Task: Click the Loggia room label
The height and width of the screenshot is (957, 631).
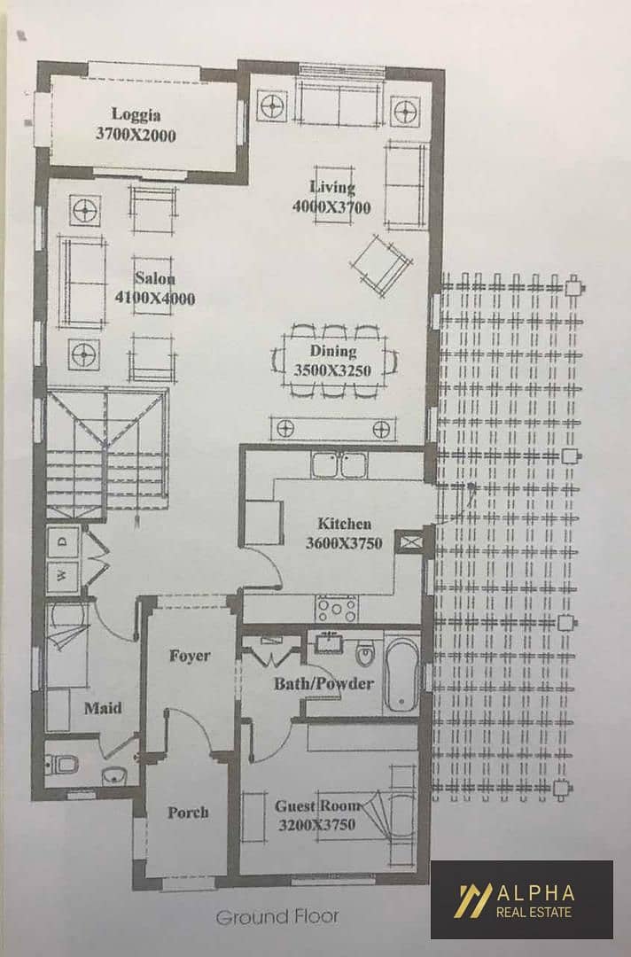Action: pos(136,114)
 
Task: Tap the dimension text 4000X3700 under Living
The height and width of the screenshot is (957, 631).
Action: pos(331,206)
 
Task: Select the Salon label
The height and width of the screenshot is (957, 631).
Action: pos(155,278)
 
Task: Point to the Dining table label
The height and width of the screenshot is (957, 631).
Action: pos(333,351)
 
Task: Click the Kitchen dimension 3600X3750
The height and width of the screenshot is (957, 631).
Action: pos(344,543)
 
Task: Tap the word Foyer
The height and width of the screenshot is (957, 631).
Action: pos(190,656)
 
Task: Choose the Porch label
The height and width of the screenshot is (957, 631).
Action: pos(188,813)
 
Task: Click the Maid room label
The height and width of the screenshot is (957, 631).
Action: pos(103,708)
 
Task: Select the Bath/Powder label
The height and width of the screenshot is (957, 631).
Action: pos(323,683)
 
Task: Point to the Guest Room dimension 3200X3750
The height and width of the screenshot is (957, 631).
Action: pos(316,825)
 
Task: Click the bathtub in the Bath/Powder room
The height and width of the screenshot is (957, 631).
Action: pos(402,674)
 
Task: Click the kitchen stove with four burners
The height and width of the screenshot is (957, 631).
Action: pos(336,609)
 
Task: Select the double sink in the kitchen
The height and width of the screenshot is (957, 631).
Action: pos(339,464)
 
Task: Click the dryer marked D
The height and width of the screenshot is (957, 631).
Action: pos(64,541)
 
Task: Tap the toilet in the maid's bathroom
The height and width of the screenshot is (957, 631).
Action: pos(63,763)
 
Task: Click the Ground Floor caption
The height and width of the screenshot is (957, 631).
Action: pos(277,916)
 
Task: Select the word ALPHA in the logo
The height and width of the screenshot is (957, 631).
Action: pos(535,893)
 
